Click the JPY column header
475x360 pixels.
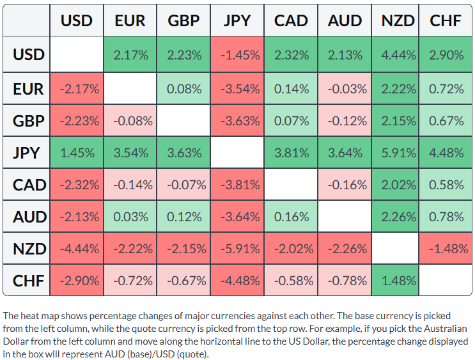pyautogui.click(x=237, y=20)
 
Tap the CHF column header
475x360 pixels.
pyautogui.click(x=446, y=20)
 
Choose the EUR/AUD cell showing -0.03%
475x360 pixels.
pyautogui.click(x=345, y=89)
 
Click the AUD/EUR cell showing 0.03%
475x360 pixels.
pyautogui.click(x=130, y=217)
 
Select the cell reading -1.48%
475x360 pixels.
pyautogui.click(x=446, y=249)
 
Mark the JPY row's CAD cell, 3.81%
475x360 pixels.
pyautogui.click(x=291, y=152)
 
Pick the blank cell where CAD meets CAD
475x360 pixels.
pyautogui.click(x=291, y=185)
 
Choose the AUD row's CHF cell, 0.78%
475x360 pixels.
pyautogui.click(x=446, y=217)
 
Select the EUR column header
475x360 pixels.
pyautogui.click(x=130, y=20)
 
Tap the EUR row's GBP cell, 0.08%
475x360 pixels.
pyautogui.click(x=183, y=89)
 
